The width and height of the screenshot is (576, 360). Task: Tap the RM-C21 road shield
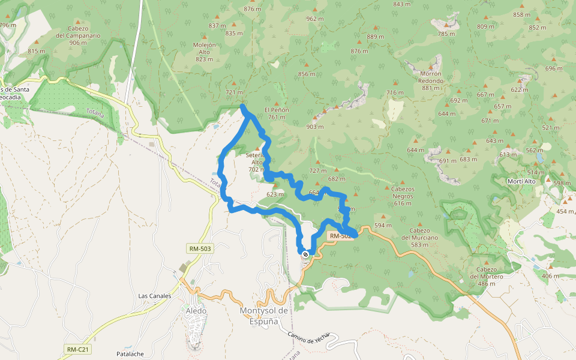[77, 349]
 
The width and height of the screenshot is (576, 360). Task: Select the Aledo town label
[196, 311]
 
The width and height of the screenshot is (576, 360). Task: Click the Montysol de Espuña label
[264, 316]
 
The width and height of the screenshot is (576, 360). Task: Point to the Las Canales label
[155, 296]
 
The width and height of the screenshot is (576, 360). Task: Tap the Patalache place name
[130, 354]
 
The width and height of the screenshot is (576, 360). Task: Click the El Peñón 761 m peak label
[277, 113]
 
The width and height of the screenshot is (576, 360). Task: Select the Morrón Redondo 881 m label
[430, 80]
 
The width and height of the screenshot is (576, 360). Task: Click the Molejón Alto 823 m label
[204, 52]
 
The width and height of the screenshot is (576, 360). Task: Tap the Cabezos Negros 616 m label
[403, 196]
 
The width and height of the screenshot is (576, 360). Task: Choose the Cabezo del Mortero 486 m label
[487, 276]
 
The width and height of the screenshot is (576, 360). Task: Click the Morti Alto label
[521, 181]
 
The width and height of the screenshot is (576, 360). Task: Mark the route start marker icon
[306, 254]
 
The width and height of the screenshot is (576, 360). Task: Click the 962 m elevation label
[315, 19]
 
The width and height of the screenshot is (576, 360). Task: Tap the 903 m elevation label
[315, 127]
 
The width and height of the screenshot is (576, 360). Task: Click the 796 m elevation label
[8, 25]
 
